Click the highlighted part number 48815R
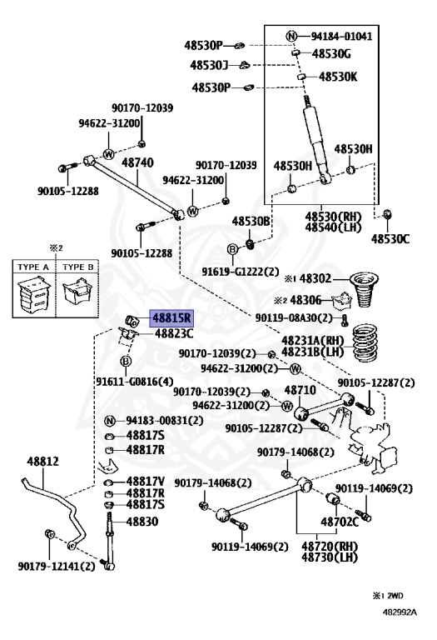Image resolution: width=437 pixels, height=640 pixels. pos(171,317)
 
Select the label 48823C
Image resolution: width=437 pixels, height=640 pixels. pos(173,333)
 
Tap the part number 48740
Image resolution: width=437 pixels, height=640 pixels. pos(137,162)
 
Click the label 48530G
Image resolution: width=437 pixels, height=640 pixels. pos(331,53)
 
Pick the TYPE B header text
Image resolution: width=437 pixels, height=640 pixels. pos(80,267)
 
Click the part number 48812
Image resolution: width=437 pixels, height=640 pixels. pos(42,461)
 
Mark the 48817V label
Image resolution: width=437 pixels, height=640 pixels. pos(145,481)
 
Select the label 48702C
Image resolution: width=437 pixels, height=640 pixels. pos(341,522)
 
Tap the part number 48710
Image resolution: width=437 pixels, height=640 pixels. pos(300,390)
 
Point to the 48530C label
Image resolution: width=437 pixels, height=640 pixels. pos(390,238)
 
